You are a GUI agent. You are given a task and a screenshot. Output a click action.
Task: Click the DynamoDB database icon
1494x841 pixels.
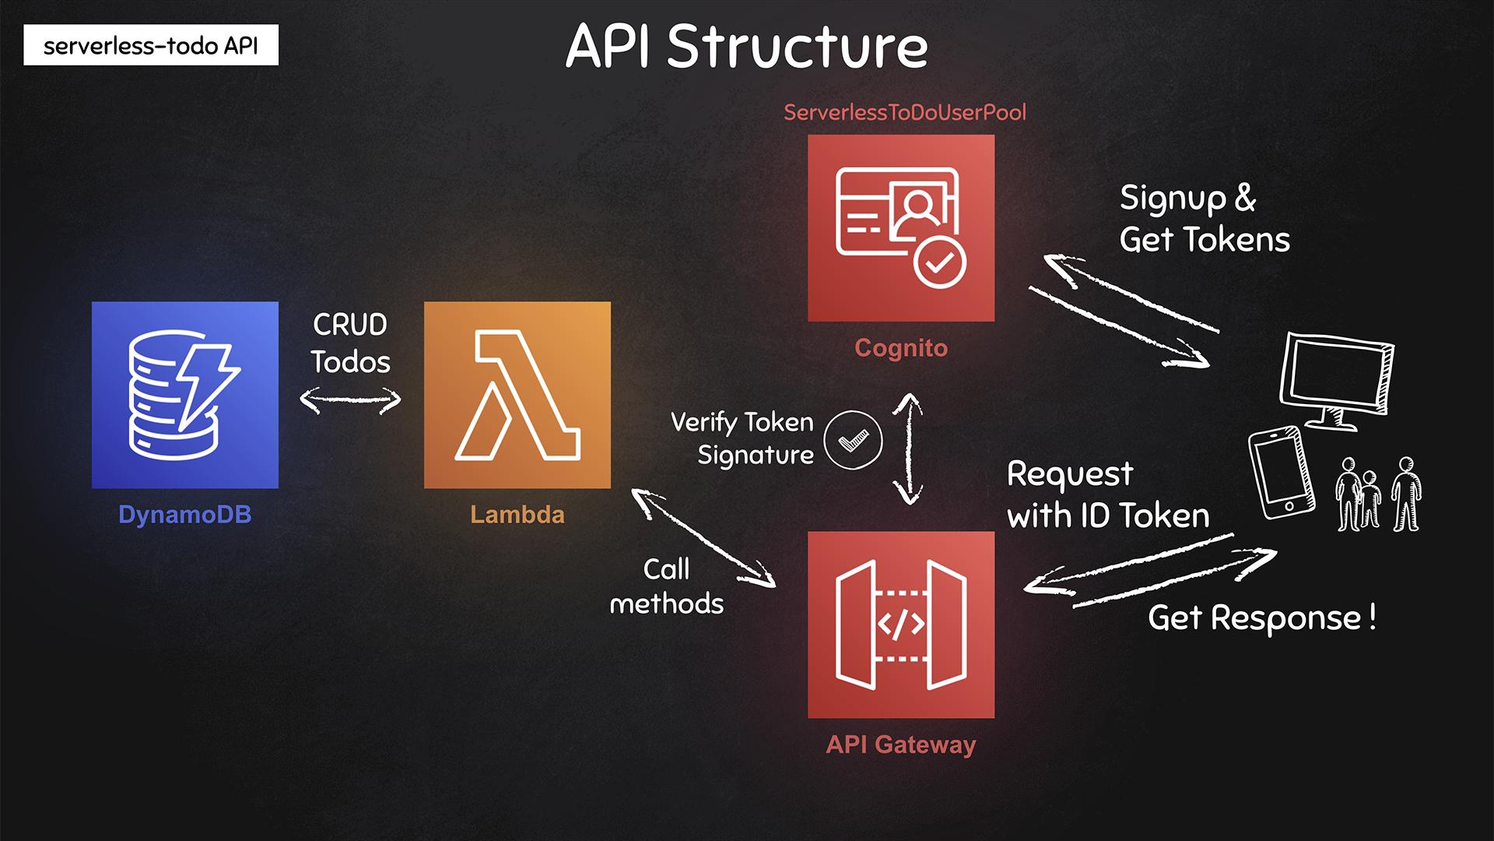(x=185, y=395)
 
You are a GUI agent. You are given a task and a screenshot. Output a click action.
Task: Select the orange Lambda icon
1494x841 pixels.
(x=517, y=395)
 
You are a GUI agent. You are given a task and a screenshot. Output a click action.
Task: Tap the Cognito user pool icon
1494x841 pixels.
(x=901, y=228)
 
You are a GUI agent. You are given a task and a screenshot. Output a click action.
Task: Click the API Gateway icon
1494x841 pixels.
(x=901, y=625)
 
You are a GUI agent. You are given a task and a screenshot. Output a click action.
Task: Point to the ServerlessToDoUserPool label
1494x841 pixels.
(x=905, y=112)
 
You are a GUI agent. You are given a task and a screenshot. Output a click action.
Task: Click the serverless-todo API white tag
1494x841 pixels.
(x=151, y=45)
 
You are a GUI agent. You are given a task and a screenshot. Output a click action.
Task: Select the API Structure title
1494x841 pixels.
(x=747, y=46)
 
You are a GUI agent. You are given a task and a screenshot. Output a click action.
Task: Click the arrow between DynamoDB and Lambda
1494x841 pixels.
(x=351, y=400)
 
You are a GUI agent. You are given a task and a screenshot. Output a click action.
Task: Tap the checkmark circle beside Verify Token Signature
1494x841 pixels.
(x=853, y=441)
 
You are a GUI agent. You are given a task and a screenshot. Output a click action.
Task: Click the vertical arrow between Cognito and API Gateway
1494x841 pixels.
(x=907, y=449)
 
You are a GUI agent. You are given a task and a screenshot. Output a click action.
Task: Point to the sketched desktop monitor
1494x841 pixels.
(x=1336, y=380)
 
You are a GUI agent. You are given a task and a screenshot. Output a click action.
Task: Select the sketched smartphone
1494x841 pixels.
(x=1281, y=472)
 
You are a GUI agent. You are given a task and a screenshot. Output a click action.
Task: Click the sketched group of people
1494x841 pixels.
(x=1378, y=494)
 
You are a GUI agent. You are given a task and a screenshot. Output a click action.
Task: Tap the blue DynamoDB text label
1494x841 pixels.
(x=185, y=515)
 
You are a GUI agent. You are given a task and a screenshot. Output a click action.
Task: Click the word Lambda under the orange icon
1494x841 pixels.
(x=517, y=515)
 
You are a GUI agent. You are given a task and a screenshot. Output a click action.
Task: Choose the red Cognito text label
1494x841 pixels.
(x=901, y=347)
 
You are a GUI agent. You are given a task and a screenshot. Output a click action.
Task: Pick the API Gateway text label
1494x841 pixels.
(x=901, y=744)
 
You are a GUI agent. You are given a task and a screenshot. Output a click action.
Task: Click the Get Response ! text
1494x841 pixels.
(x=1262, y=618)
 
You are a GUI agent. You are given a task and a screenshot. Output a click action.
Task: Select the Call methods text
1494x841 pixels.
(x=667, y=586)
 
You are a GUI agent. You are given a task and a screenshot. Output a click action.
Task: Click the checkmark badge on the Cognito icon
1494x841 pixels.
(x=940, y=263)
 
